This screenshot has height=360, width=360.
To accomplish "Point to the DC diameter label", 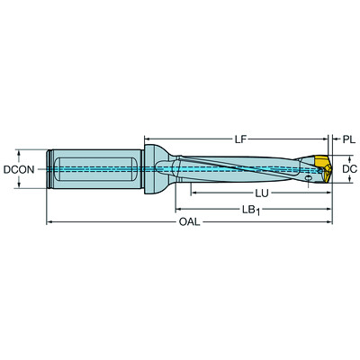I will coord(350,168).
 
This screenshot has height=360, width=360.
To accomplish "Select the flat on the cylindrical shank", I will coord(94,167).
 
